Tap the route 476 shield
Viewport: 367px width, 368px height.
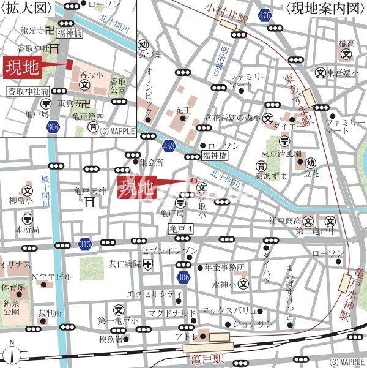pyautogui.click(x=264, y=15)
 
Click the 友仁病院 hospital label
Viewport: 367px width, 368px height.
pyautogui.click(x=125, y=265)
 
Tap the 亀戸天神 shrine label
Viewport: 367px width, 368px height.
pyautogui.click(x=90, y=189)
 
